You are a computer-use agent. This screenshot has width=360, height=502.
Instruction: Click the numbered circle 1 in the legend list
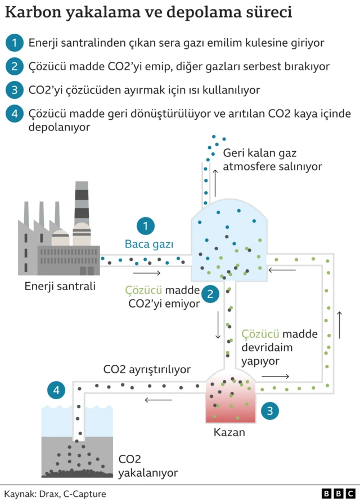tap(14, 42)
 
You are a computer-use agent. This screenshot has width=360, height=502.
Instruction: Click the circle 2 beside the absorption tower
tap(210, 293)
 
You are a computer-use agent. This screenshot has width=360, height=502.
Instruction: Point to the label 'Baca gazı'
tap(149, 245)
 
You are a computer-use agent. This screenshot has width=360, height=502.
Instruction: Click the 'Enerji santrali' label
tap(60, 286)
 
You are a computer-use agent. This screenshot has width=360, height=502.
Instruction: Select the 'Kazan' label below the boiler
tap(229, 433)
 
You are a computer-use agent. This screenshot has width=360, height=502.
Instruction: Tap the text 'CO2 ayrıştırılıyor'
tap(147, 370)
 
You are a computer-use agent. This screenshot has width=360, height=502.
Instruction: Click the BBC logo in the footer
tap(337, 493)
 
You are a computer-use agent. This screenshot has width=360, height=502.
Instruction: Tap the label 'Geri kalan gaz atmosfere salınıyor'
tap(272, 160)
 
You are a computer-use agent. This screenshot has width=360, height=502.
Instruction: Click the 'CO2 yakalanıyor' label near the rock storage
tap(147, 466)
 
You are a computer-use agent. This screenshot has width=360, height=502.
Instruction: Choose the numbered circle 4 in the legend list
tap(14, 114)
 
